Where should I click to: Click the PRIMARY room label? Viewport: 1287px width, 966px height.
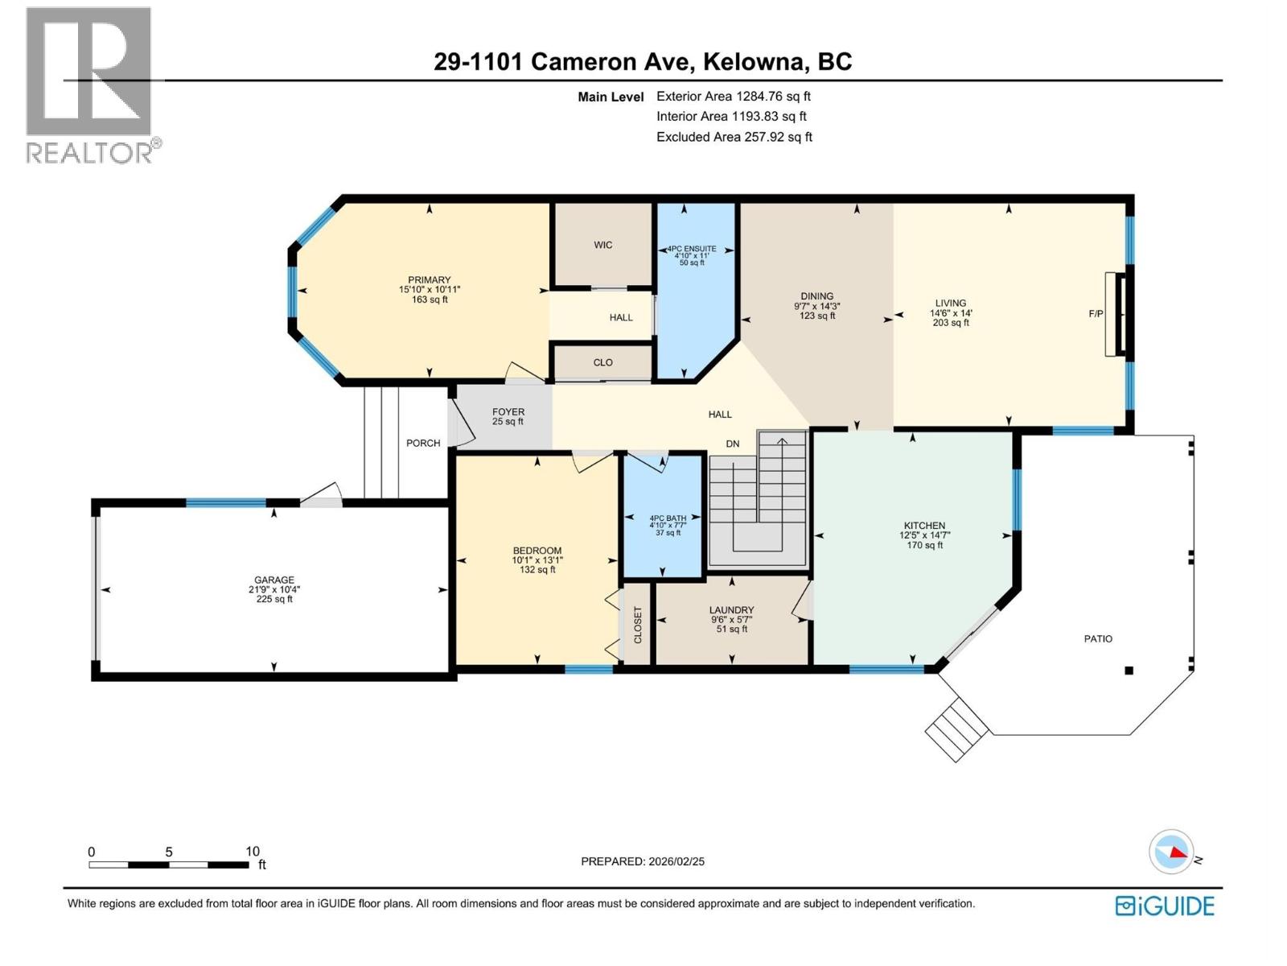[429, 280]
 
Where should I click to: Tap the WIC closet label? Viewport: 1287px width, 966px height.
[602, 245]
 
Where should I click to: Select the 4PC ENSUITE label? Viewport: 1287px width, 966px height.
[691, 250]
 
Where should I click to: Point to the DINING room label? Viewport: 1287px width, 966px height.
[816, 296]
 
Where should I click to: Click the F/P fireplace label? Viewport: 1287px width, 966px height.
[1096, 314]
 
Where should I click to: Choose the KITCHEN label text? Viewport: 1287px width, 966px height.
[924, 526]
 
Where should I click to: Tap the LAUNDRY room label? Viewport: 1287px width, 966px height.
[731, 610]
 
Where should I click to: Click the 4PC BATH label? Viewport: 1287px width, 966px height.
[668, 518]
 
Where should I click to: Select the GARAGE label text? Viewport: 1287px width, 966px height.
[274, 580]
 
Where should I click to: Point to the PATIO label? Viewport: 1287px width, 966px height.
[1098, 638]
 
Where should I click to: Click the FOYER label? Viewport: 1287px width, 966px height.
[508, 412]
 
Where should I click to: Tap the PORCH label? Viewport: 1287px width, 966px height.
[423, 443]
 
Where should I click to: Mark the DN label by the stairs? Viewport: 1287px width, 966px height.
[732, 444]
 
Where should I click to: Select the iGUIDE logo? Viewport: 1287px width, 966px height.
[1165, 906]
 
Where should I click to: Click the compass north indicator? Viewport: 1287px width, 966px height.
[1172, 852]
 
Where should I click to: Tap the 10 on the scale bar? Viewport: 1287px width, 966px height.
[253, 852]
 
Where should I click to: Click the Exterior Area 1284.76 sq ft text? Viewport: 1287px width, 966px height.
[733, 96]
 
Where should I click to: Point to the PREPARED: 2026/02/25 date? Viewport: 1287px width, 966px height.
[643, 861]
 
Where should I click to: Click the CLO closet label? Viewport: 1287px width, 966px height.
[602, 362]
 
